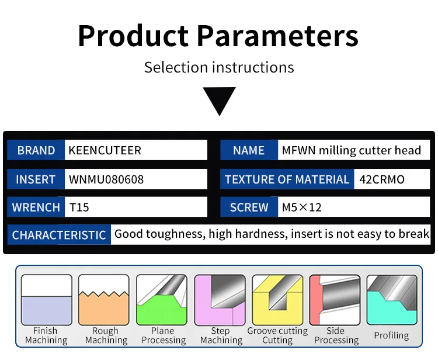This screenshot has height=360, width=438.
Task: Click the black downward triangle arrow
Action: click(x=219, y=101)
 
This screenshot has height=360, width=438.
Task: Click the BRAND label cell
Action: click(x=36, y=150)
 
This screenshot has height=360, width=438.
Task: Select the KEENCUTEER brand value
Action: click(x=105, y=150)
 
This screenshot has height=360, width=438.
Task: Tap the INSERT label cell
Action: click(x=36, y=179)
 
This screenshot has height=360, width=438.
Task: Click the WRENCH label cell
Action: click(x=36, y=207)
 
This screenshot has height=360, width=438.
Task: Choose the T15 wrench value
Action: click(x=79, y=207)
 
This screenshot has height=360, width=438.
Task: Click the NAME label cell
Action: click(x=248, y=150)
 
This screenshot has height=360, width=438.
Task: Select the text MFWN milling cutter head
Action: click(x=351, y=150)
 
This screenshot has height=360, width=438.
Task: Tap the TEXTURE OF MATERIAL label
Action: click(x=287, y=179)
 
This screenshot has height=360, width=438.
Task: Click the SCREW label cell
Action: click(x=249, y=207)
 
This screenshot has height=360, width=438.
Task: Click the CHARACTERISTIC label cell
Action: click(x=59, y=235)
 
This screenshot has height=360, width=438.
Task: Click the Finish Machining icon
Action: click(x=47, y=300)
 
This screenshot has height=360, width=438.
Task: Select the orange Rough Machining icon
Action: click(x=104, y=300)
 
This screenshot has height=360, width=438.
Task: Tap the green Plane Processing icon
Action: click(x=162, y=300)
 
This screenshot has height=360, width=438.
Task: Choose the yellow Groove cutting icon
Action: click(x=277, y=300)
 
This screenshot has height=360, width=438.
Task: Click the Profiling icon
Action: click(x=392, y=300)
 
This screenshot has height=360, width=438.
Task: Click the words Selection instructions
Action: click(x=219, y=67)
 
